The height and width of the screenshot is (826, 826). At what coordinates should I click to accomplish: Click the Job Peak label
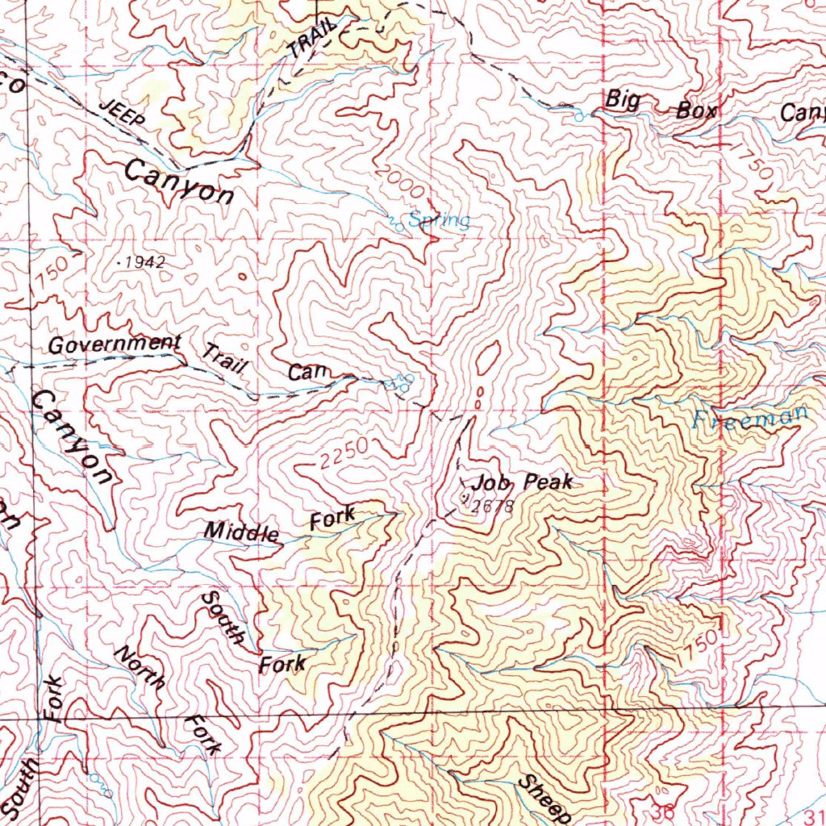(523, 482)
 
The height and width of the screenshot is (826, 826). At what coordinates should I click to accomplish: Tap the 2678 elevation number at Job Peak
(492, 507)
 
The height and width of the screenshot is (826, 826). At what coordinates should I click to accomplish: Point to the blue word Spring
(439, 219)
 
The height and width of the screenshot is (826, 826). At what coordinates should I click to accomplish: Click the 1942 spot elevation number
(147, 262)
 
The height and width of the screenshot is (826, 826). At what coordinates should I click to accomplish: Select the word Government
(114, 344)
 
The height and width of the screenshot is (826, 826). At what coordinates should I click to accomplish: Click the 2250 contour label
(343, 455)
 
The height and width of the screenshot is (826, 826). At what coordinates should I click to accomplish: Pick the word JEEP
(123, 115)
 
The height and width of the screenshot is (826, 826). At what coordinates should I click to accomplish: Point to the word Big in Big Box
(623, 100)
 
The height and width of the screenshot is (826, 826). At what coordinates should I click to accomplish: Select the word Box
(696, 111)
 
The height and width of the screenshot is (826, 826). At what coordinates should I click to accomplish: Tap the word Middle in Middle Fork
(241, 532)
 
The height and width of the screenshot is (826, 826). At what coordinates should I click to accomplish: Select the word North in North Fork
(140, 667)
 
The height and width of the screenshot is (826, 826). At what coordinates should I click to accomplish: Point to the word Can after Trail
(308, 373)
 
